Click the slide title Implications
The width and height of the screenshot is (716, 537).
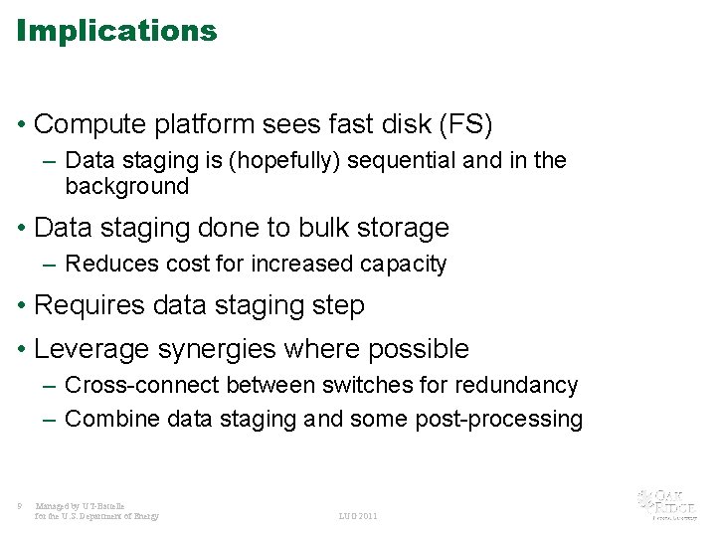tap(116, 31)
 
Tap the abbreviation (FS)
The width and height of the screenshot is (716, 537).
tap(466, 124)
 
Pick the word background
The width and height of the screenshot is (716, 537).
tap(126, 187)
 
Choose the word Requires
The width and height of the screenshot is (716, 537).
tap(87, 305)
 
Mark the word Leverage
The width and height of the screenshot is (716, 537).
tap(88, 349)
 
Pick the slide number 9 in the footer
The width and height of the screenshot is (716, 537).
tap(20, 506)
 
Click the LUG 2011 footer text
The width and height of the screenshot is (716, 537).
tap(358, 516)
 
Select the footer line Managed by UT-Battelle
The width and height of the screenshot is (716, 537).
tap(80, 506)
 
